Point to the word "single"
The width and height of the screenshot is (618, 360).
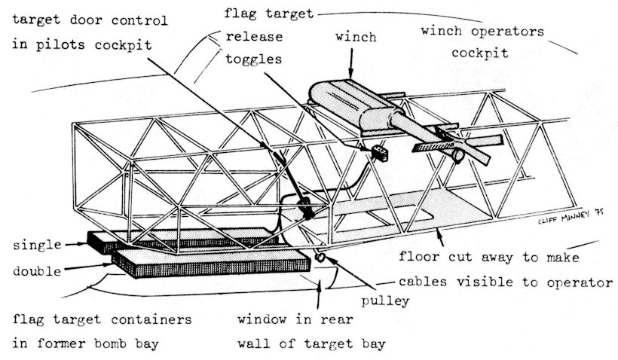34,246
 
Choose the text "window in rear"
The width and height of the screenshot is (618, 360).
287,319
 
